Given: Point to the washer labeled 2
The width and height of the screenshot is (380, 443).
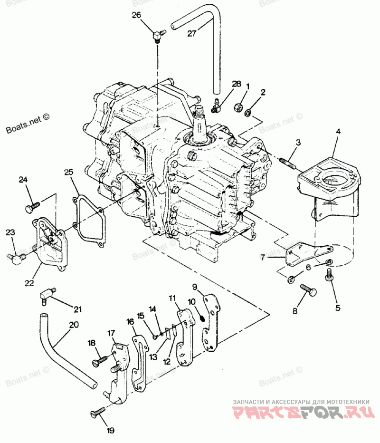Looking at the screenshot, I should pos(248,113).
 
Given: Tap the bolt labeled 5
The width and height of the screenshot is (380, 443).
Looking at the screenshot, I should pos(328,274).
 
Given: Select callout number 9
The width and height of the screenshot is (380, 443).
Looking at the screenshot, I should pos(194,286).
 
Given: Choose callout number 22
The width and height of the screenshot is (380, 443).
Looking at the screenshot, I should pos(29,282).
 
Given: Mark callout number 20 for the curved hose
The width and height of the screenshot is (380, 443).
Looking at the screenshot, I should pos(74,326).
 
